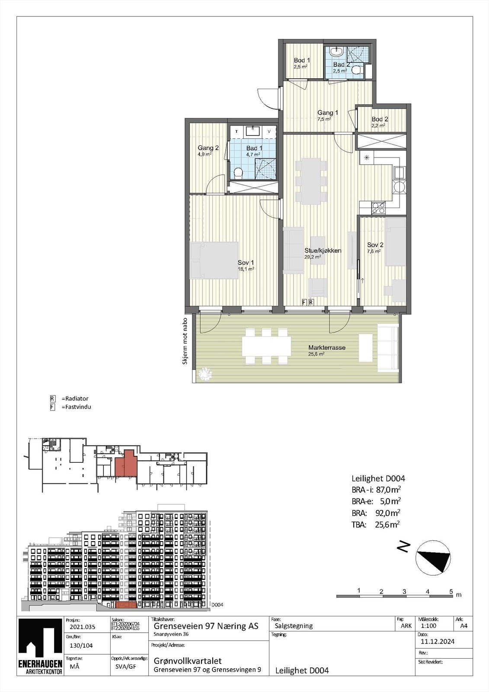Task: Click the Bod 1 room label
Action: (x=302, y=61)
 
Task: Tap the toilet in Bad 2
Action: (x=357, y=70)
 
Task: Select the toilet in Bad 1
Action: (x=237, y=173)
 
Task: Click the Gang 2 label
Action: (x=208, y=148)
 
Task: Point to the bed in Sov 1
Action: (x=214, y=260)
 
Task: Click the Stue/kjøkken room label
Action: (x=323, y=250)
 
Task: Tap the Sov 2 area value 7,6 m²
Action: (x=374, y=251)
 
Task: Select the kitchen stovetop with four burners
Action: (x=378, y=208)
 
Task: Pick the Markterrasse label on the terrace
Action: (x=326, y=348)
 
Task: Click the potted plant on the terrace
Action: (x=204, y=374)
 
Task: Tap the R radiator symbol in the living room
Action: (x=311, y=302)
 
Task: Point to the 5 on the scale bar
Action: (x=451, y=591)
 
